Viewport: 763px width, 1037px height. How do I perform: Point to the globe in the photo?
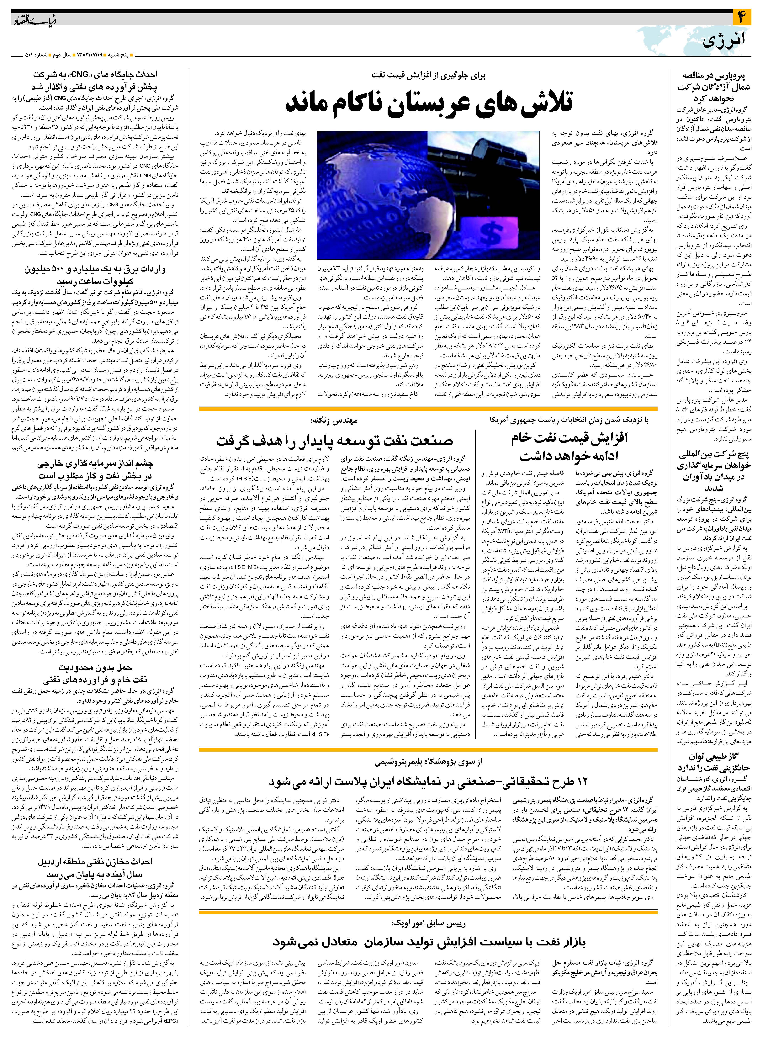tap(393, 203)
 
